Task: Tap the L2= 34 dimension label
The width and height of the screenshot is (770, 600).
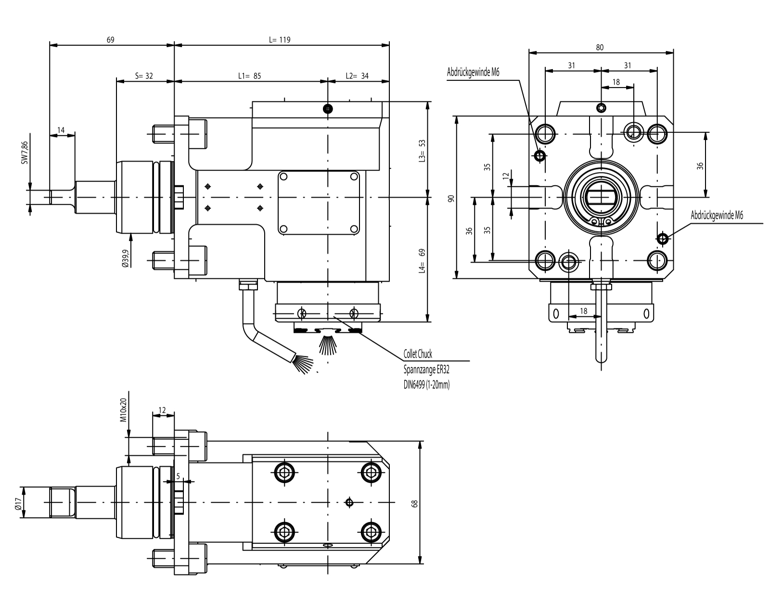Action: pos(357,76)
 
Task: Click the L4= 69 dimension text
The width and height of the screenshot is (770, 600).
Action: pos(422,261)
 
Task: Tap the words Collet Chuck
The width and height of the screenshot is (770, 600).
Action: pos(418,355)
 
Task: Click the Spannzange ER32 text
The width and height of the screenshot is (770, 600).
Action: pos(426,370)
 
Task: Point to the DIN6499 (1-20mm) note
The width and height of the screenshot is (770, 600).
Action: pos(426,384)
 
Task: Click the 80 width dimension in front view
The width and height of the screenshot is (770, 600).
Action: pos(600,48)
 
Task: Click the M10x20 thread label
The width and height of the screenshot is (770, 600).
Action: pos(123,410)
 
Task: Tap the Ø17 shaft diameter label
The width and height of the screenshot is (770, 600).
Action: pos(17,503)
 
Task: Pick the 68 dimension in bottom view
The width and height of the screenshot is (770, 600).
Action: pos(415,503)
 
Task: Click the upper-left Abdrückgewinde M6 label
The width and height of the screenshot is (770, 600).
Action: pos(473,73)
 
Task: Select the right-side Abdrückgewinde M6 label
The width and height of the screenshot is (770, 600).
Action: pos(717,216)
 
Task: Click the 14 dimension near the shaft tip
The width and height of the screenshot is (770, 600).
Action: pos(61,130)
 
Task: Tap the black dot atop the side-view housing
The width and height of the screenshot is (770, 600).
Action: pos(328,109)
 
